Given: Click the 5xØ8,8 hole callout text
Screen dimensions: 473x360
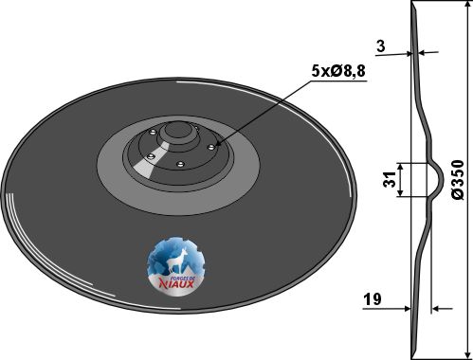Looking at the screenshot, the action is tap(338, 72).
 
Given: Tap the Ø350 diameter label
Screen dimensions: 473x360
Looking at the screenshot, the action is tap(458, 179).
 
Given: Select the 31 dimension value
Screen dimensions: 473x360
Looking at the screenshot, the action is tap(390, 180).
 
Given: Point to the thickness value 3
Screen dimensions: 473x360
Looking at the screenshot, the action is tap(381, 46).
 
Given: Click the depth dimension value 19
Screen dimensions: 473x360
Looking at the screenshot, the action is tap(373, 298).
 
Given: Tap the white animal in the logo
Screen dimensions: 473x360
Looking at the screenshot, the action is tap(176, 261).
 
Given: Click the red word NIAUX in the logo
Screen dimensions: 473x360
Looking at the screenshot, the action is tap(176, 284).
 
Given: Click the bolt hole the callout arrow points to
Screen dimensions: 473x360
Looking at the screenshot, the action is tap(211, 147).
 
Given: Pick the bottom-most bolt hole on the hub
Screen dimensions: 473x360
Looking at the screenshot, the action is tap(180, 164).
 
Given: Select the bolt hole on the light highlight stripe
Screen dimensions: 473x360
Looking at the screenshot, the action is tap(151, 155).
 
